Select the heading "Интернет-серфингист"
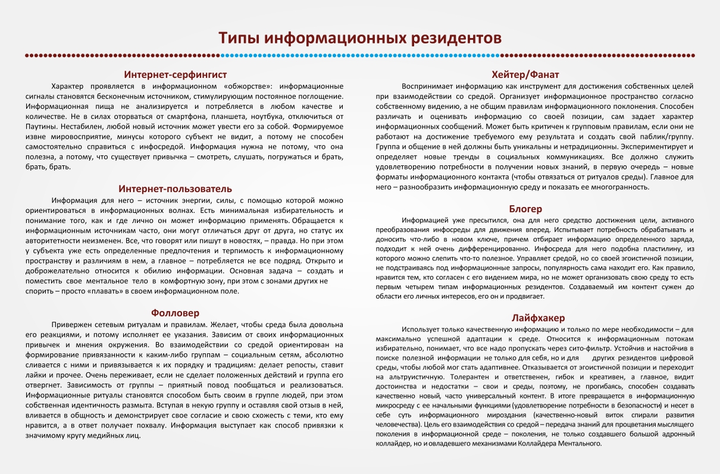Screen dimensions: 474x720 [x=176, y=74]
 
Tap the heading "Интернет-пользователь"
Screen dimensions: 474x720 [x=175, y=189]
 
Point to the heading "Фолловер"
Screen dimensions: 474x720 [x=175, y=313]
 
